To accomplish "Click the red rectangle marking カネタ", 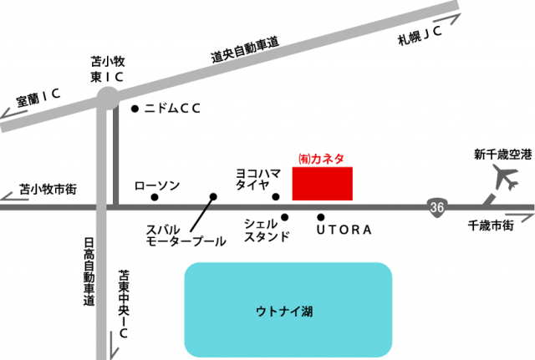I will [323, 184].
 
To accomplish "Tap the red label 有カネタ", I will [322, 158].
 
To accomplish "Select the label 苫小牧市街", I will [48, 189].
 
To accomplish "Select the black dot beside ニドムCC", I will [135, 109].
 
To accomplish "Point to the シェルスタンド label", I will [267, 231].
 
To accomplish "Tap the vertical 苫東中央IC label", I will [123, 304].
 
